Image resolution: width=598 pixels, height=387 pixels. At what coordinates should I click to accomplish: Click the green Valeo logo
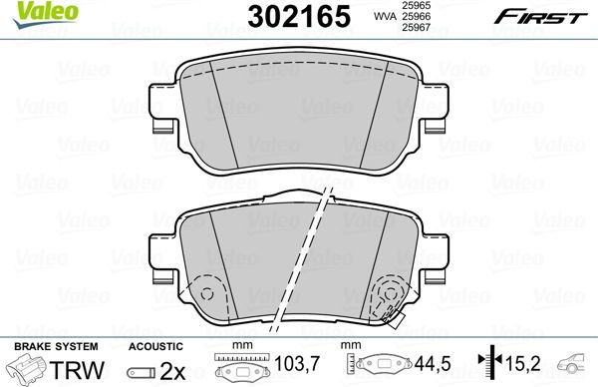pos(30,12)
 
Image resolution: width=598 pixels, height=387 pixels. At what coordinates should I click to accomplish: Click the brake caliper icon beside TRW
pos(26,368)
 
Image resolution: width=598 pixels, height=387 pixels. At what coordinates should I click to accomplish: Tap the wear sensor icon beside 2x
pos(140,369)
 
